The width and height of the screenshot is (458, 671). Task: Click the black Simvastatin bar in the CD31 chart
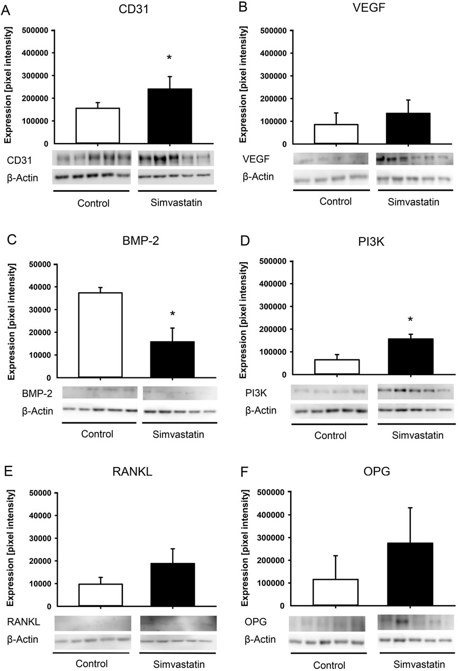[169, 116]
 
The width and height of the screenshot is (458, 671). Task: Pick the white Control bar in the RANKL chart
[101, 595]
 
